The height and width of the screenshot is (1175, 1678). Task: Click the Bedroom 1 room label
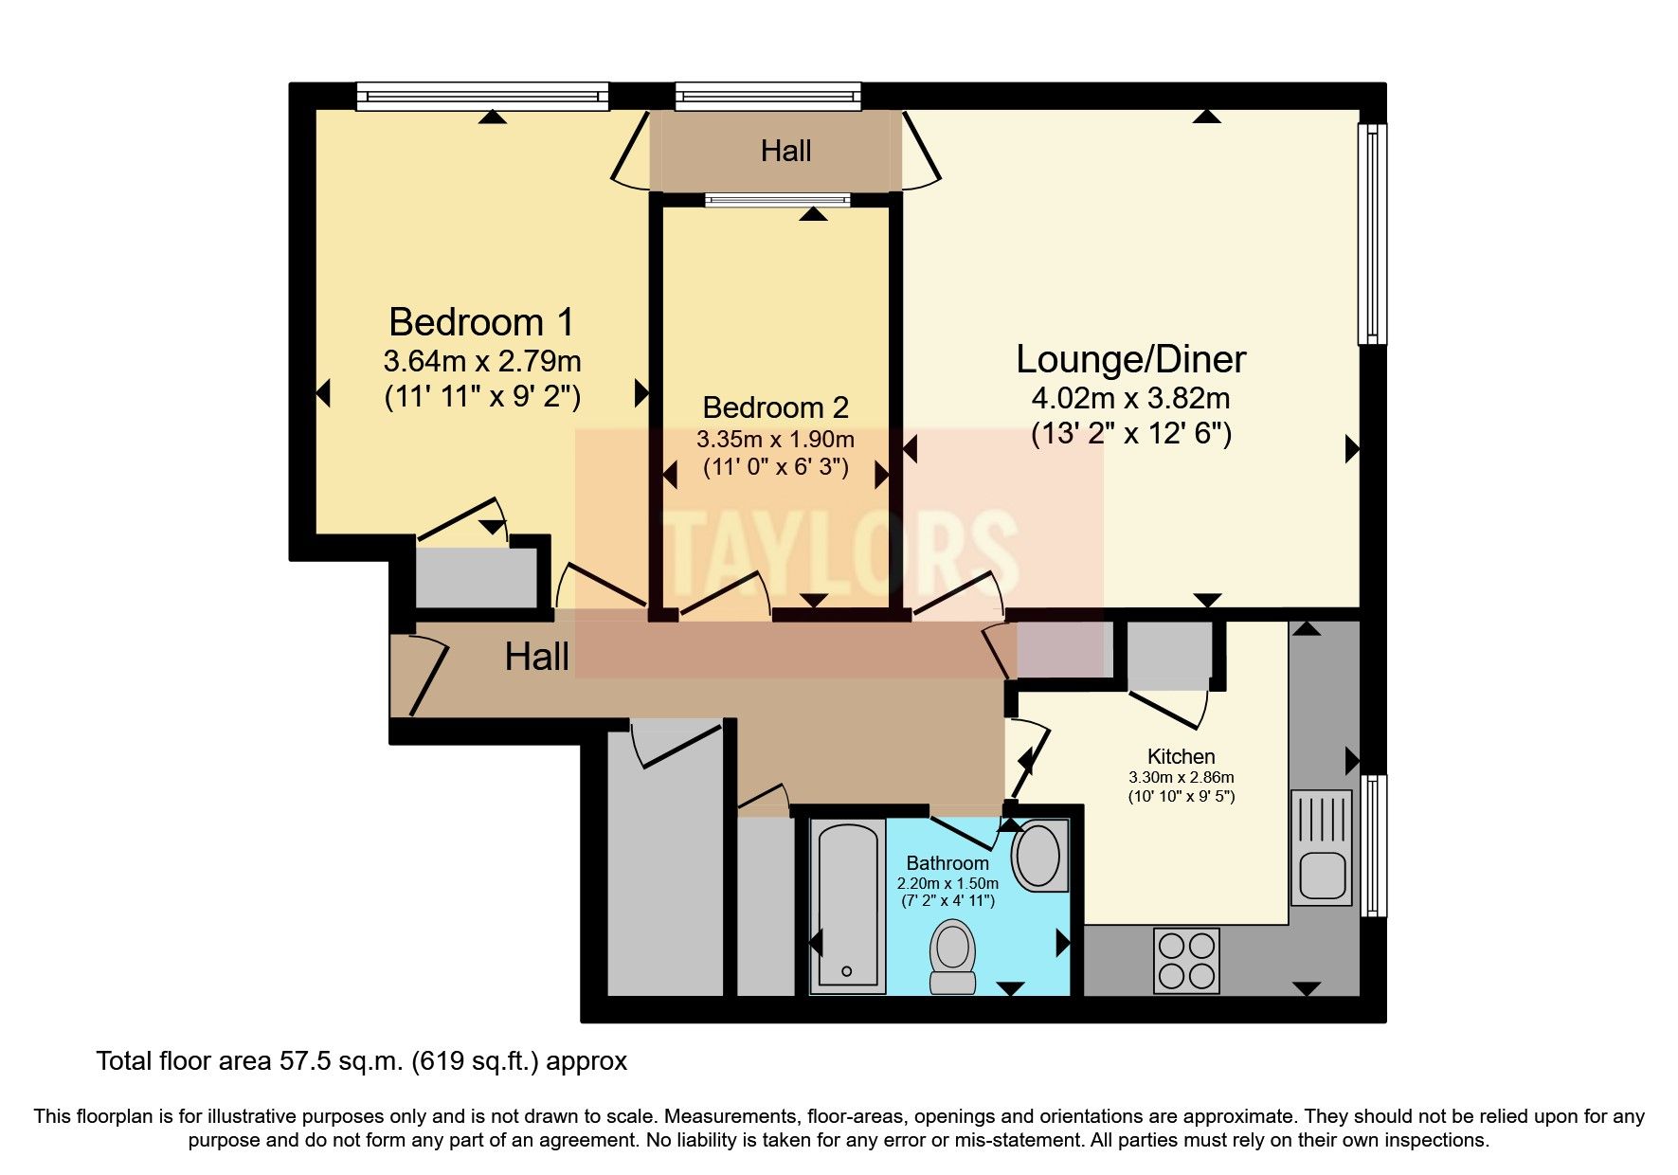pyautogui.click(x=481, y=323)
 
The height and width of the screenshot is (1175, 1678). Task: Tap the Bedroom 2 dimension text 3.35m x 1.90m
pyautogui.click(x=775, y=440)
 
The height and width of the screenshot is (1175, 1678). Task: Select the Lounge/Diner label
pyautogui.click(x=1130, y=360)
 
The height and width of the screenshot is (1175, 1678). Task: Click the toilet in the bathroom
pyautogui.click(x=952, y=955)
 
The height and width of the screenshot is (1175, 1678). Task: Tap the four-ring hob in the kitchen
pyautogui.click(x=1186, y=961)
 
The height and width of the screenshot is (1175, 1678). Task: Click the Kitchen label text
pyautogui.click(x=1181, y=756)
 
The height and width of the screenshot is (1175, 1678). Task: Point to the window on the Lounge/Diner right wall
pyautogui.click(x=1371, y=233)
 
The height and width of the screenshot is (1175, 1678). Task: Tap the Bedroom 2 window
pyautogui.click(x=778, y=200)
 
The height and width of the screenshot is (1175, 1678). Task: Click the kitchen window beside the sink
pyautogui.click(x=1373, y=846)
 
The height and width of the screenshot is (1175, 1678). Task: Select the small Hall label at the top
pyautogui.click(x=785, y=151)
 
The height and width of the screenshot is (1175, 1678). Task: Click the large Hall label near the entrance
pyautogui.click(x=536, y=657)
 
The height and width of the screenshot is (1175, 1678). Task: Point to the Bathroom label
pyautogui.click(x=947, y=863)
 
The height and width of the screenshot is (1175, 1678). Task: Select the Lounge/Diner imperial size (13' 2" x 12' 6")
pyautogui.click(x=1130, y=434)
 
